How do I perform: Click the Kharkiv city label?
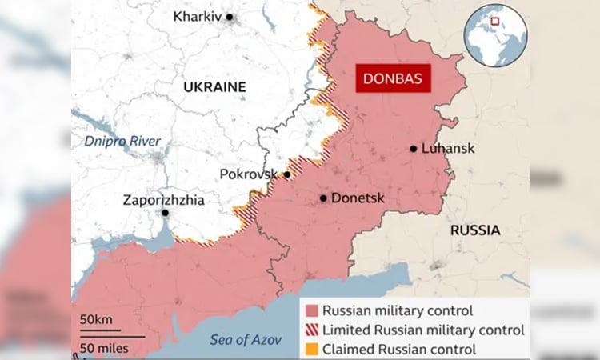(197, 16)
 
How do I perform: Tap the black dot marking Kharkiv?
(230, 16)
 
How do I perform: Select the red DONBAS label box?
(392, 79)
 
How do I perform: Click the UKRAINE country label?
(214, 86)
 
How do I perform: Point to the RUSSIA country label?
(475, 230)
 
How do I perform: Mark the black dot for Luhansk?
(414, 148)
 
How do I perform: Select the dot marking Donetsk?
(323, 198)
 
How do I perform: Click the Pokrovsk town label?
(250, 174)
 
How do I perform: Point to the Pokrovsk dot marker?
(286, 174)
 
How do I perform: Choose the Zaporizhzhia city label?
(163, 200)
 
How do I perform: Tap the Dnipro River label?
(123, 142)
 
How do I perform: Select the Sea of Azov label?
(246, 339)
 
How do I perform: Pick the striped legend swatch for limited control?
(311, 330)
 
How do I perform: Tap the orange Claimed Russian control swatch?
(311, 349)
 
